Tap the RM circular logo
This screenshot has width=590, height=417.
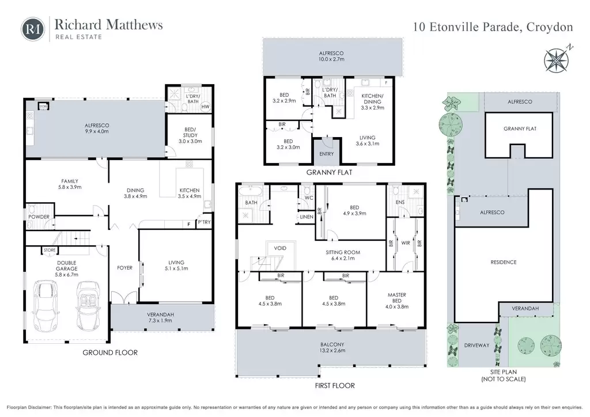pyautogui.click(x=33, y=29)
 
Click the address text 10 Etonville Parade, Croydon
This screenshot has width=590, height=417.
pyautogui.click(x=493, y=27)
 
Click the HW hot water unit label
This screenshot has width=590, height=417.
pyautogui.click(x=205, y=107)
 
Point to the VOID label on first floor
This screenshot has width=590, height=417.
pyautogui.click(x=280, y=248)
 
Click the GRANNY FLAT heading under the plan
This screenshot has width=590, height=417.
pyautogui.click(x=329, y=173)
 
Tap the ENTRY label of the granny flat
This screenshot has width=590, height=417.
pyautogui.click(x=326, y=154)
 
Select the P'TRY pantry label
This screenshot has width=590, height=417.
pyautogui.click(x=205, y=222)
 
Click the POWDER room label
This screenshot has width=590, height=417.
pyautogui.click(x=39, y=217)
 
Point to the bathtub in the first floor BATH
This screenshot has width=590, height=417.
pyautogui.click(x=251, y=191)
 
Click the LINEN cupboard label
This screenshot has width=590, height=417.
pyautogui.click(x=307, y=217)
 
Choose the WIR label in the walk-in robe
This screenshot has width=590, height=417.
pyautogui.click(x=405, y=243)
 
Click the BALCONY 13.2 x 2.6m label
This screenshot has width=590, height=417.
pyautogui.click(x=332, y=347)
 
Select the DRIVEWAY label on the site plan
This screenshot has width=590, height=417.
pyautogui.click(x=476, y=345)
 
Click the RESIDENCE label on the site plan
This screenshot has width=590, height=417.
pyautogui.click(x=504, y=262)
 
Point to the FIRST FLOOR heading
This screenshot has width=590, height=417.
pyautogui.click(x=335, y=385)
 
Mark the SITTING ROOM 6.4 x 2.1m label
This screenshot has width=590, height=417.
pyautogui.click(x=343, y=255)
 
